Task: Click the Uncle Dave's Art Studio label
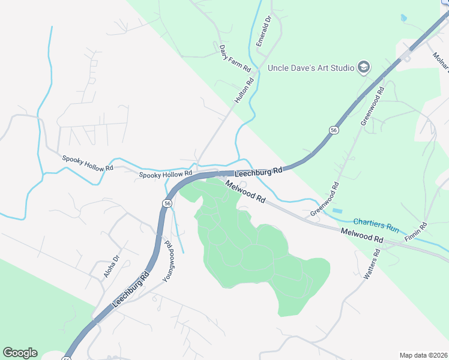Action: tap(311, 68)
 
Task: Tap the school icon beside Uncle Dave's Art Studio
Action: tap(363, 67)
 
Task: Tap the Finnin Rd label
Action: tap(416, 232)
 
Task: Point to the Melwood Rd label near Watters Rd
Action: tap(361, 235)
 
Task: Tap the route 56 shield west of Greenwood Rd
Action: tap(333, 130)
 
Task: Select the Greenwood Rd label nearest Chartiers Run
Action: tap(325, 200)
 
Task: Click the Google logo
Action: tap(20, 353)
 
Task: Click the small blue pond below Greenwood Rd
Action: tap(338, 211)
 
